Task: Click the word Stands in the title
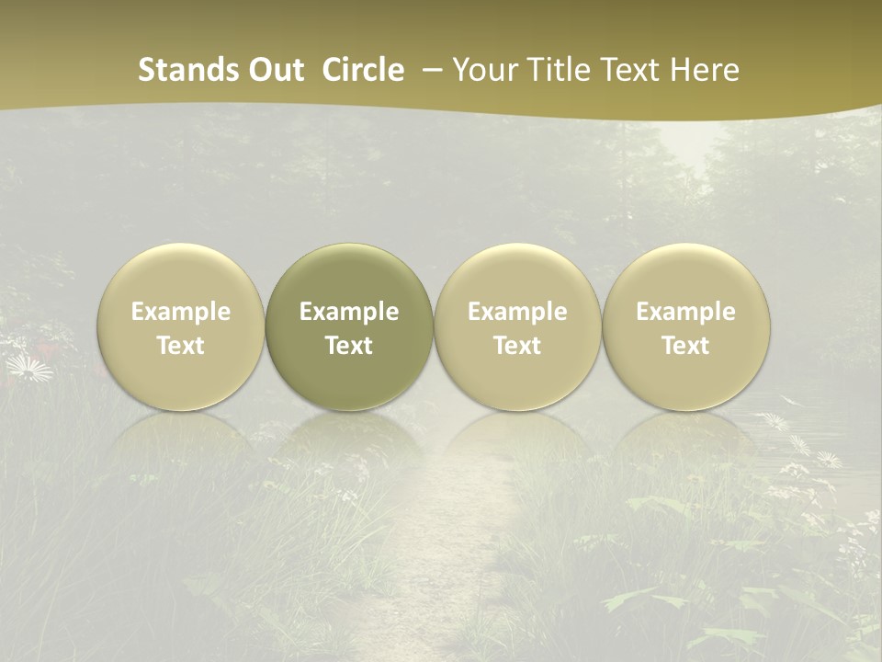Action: (187, 70)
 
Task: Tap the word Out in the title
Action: (273, 70)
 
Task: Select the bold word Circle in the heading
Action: (363, 70)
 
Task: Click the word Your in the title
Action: (483, 70)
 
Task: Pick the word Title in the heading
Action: (561, 70)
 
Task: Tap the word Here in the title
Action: (705, 70)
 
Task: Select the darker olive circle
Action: (349, 276)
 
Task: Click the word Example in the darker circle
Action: (349, 312)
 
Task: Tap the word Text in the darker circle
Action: (349, 346)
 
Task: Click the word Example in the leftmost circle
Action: (181, 312)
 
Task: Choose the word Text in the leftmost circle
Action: (181, 346)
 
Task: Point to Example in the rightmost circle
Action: (685, 312)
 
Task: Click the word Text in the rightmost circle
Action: (685, 346)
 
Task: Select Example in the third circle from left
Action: (517, 312)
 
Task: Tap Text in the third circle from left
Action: (517, 346)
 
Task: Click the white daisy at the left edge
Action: (28, 369)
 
